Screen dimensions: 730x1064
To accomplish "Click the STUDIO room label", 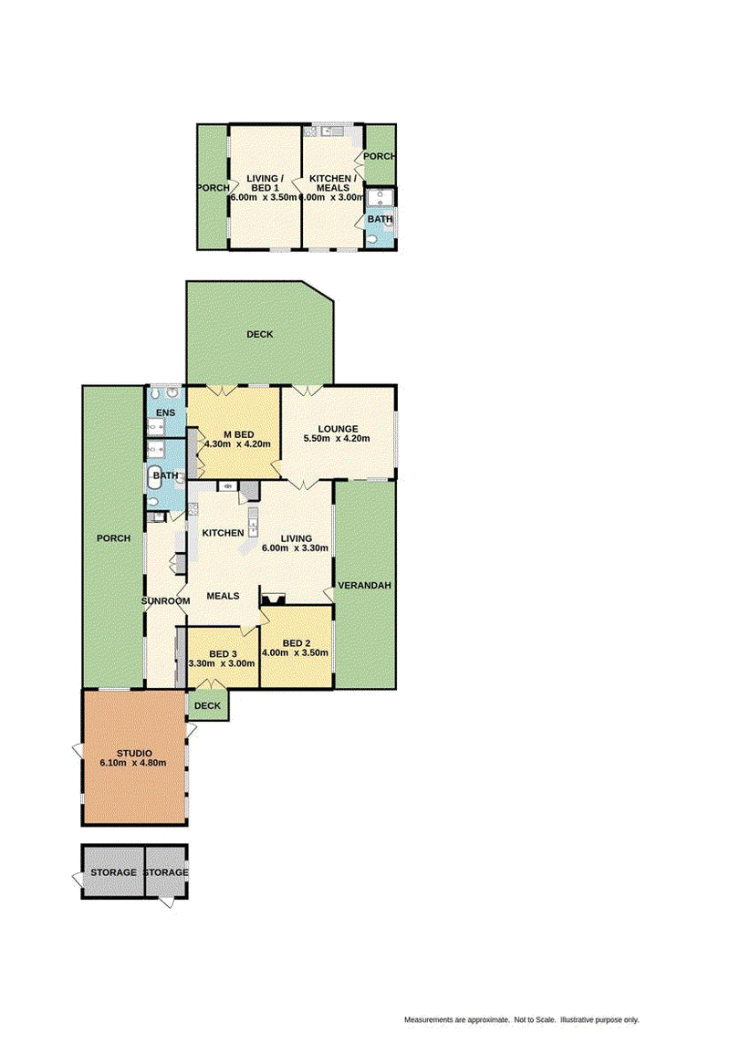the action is pos(134,753).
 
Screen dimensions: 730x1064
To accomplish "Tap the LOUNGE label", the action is pos(338,429).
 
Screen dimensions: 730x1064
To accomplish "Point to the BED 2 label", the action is pos(297,643).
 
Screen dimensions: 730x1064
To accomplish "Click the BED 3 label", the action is pos(223,654).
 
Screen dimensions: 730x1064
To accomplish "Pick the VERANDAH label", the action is pos(364,585).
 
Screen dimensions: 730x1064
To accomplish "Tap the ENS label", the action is pos(165,412).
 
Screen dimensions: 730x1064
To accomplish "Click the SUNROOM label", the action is pos(165,601).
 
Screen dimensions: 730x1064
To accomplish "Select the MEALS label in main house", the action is pos(223,596).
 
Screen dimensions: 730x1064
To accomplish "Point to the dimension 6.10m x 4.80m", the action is pos(133,763).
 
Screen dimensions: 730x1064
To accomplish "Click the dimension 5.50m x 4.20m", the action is pos(337,438).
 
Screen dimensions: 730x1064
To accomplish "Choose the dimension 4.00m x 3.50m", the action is pos(295,652).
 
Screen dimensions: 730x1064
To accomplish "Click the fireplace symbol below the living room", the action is pos(274,599).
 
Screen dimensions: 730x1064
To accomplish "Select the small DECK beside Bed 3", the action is pos(208,705).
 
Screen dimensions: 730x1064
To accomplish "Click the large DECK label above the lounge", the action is pos(260,334).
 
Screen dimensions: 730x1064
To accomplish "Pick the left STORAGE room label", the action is pos(113,872).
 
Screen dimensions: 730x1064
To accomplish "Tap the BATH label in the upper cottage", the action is pos(380,219).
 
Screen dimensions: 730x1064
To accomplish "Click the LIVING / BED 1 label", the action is pos(265,183).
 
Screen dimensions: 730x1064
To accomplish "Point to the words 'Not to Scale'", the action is pos(535,1020).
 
